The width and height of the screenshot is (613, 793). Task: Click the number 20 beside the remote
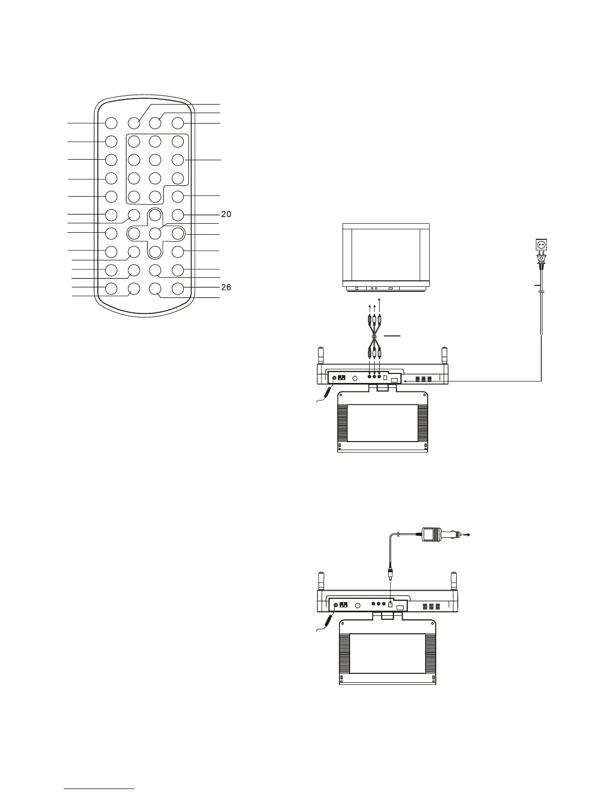[226, 214]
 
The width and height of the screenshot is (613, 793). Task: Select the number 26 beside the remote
[226, 287]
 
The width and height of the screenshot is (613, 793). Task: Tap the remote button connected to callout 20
[178, 215]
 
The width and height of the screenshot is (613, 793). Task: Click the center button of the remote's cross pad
[155, 233]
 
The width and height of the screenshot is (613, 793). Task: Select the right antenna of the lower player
[453, 581]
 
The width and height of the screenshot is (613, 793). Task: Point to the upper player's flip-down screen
[383, 423]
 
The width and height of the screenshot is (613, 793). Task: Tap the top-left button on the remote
[111, 123]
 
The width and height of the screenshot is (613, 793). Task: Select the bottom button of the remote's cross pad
[155, 252]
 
